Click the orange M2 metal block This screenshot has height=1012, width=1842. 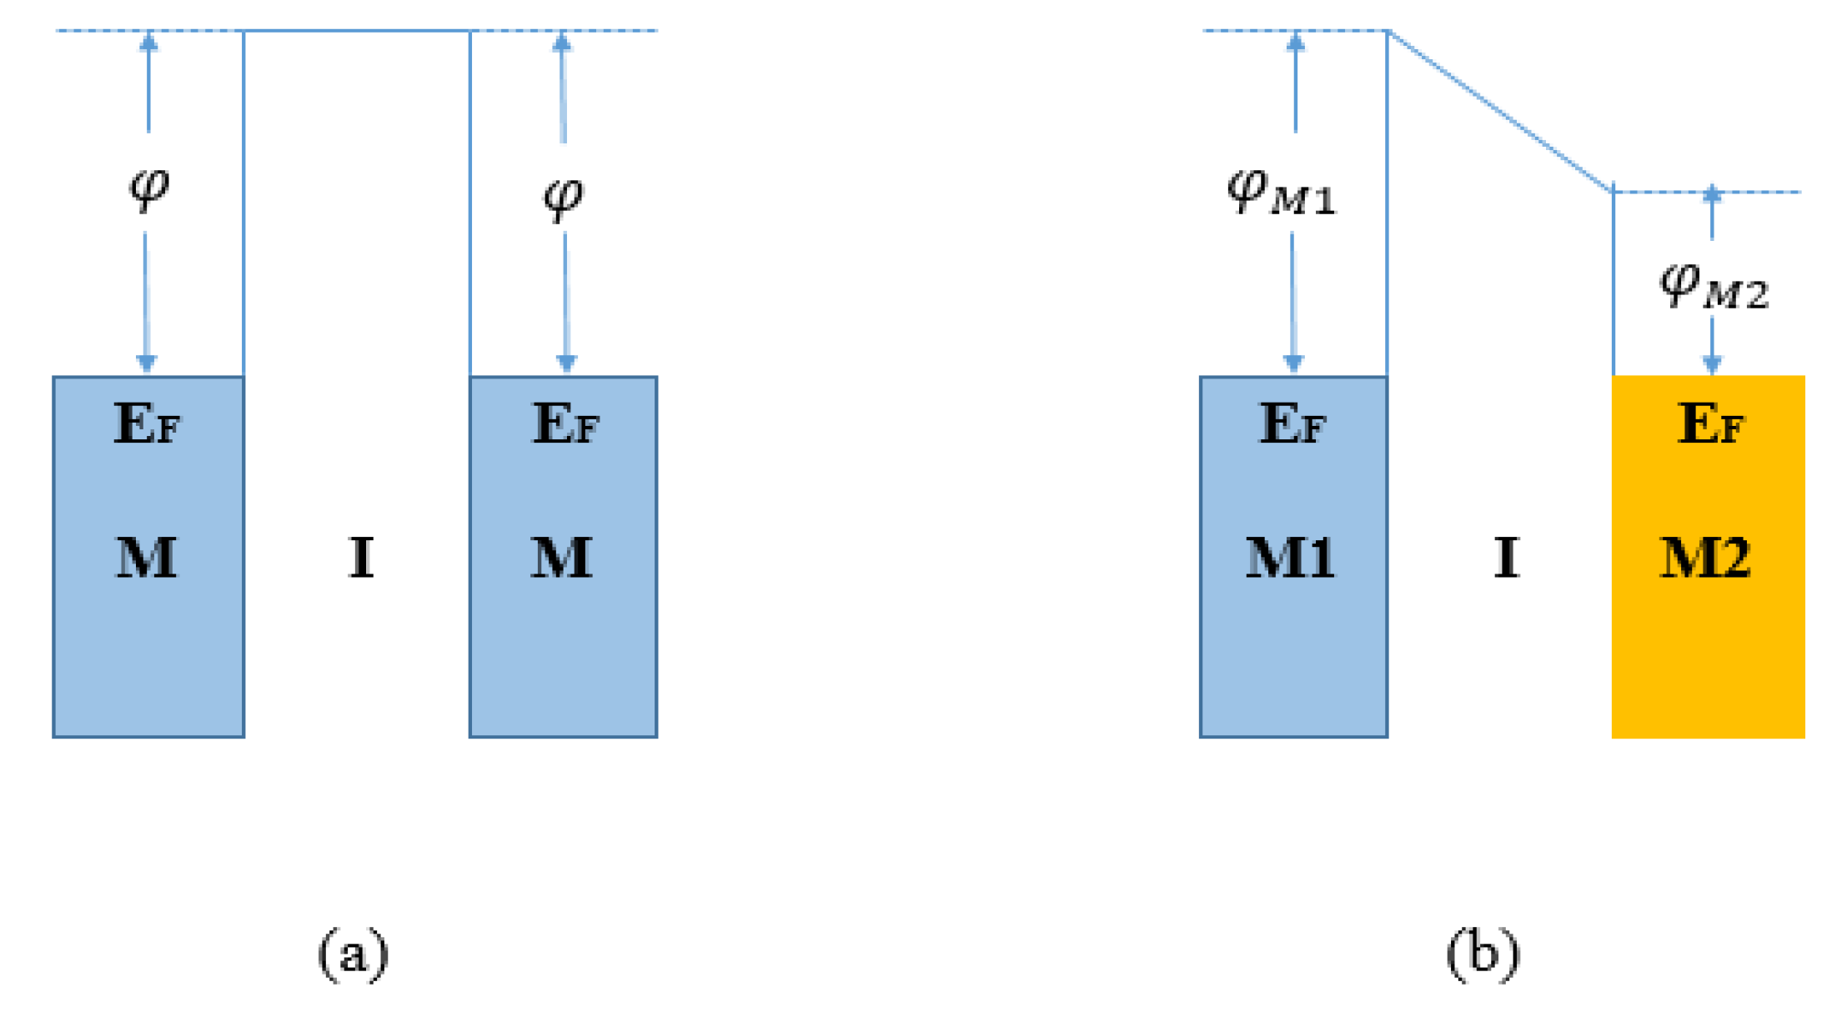tap(1707, 650)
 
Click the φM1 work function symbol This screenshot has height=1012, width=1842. tap(1281, 192)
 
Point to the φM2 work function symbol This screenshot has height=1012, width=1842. tap(1713, 286)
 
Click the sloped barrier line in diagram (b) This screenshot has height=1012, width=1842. tap(1500, 111)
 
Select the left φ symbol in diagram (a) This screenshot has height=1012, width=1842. tap(149, 187)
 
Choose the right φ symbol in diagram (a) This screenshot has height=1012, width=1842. tap(564, 198)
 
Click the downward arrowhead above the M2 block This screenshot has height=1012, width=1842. tap(1712, 364)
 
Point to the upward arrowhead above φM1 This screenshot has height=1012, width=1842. tap(1295, 41)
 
